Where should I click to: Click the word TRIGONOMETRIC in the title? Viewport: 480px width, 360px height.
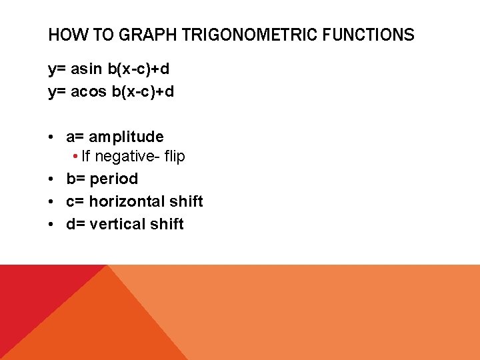tap(256, 35)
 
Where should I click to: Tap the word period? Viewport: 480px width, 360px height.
tap(114, 179)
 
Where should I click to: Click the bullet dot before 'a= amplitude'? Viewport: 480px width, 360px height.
tap(51, 137)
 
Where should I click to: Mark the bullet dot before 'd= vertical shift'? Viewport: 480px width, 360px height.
tap(51, 224)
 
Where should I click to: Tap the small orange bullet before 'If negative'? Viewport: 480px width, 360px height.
tap(77, 157)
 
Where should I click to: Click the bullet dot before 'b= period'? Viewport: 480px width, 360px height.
tap(51, 179)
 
